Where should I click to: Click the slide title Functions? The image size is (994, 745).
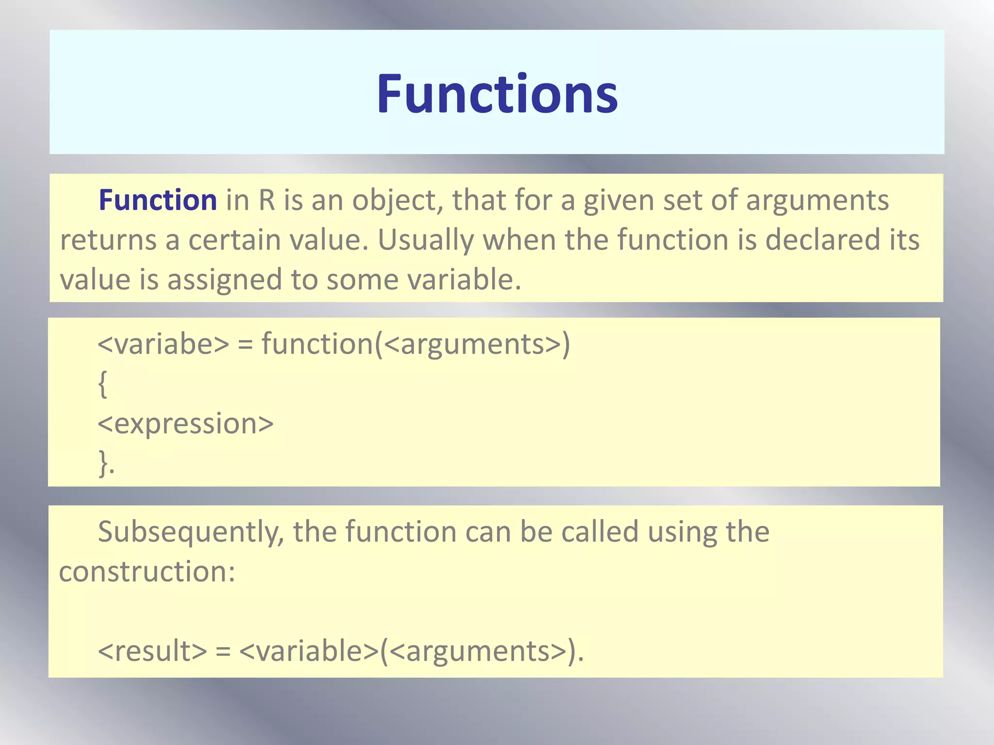(x=497, y=94)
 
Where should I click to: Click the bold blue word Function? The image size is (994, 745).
(x=158, y=200)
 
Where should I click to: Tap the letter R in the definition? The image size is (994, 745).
(x=267, y=200)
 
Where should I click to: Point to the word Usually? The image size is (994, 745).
(x=426, y=241)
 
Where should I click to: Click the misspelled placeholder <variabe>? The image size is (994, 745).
(x=163, y=344)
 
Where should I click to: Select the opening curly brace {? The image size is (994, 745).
(x=102, y=384)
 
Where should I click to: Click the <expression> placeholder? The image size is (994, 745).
(x=185, y=424)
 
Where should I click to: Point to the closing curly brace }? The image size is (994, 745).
(x=103, y=463)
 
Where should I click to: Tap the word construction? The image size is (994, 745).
(x=147, y=572)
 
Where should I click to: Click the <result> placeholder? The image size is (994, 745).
(x=152, y=651)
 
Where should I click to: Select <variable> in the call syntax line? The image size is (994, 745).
(x=309, y=651)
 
